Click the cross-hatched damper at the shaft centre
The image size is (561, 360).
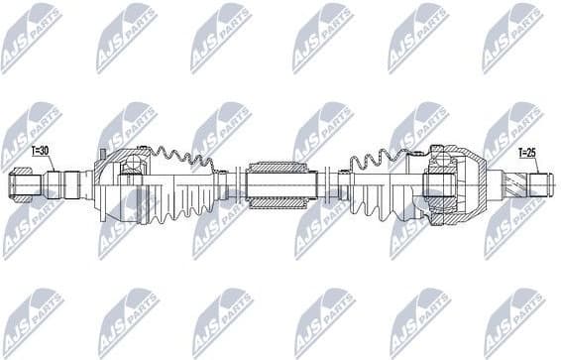tap(280, 184)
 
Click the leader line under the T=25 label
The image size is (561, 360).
tap(521, 164)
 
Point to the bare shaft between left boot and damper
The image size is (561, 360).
tap(236, 184)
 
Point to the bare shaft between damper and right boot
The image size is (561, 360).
tap(327, 184)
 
